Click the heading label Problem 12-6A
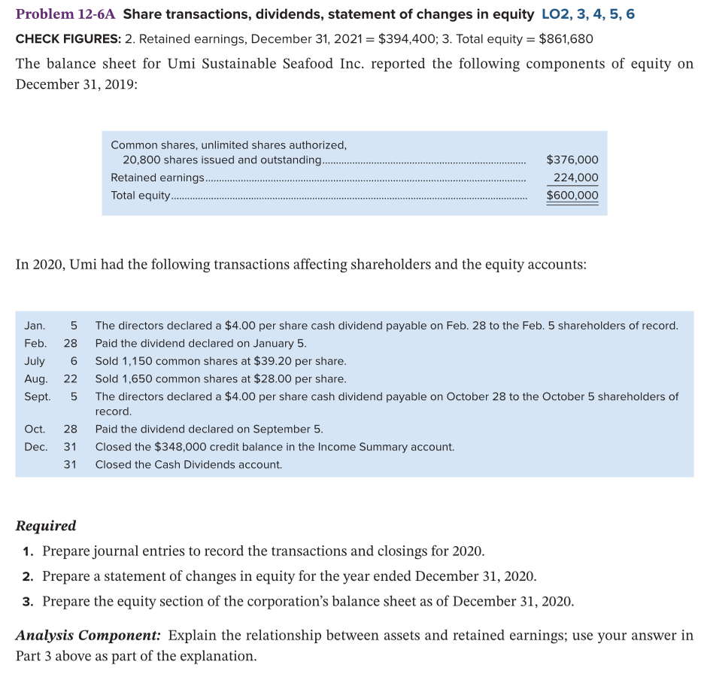[x=65, y=14]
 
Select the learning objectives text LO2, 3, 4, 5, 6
[x=587, y=14]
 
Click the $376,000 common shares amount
[x=572, y=159]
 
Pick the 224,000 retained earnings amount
[x=575, y=178]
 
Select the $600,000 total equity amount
[x=572, y=196]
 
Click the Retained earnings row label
[x=157, y=178]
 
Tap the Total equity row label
[x=141, y=196]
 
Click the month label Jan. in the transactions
[x=35, y=326]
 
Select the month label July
[x=35, y=361]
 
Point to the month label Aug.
[x=36, y=379]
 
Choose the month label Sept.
[x=38, y=396]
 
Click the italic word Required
[x=46, y=526]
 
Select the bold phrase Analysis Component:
[x=88, y=636]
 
